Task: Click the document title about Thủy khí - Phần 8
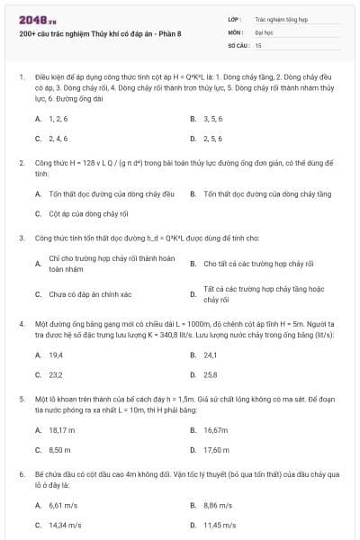pos(100,34)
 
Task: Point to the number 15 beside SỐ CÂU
pos(258,44)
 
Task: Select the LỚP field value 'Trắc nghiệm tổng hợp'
pos(282,18)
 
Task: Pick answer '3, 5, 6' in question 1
pos(212,118)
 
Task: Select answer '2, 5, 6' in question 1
pos(212,139)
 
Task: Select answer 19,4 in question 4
pos(56,355)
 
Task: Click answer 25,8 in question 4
pos(211,375)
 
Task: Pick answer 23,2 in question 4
pos(56,375)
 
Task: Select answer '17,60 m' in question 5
pos(217,450)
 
